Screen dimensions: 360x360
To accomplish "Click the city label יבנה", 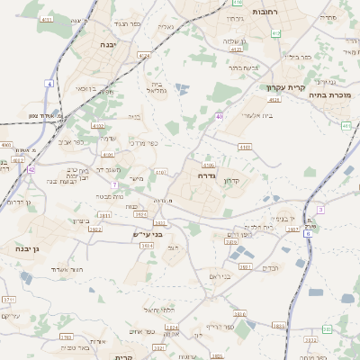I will click(x=110, y=44).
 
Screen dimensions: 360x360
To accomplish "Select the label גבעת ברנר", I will click(x=243, y=67).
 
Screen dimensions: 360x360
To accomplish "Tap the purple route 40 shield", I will click(x=219, y=116).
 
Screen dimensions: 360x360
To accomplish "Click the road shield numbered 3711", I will click(x=9, y=299).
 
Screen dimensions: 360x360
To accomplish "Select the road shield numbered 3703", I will click(x=66, y=337).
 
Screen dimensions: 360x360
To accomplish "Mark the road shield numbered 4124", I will click(x=144, y=55).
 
